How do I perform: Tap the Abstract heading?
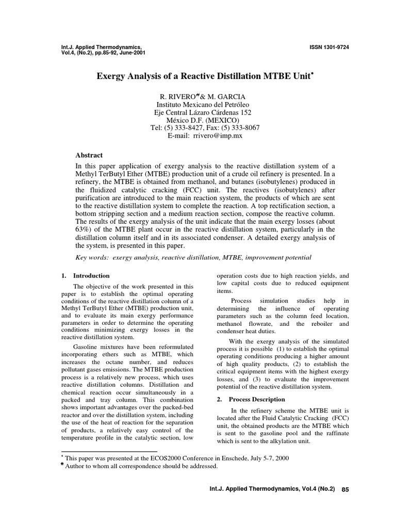[89, 155]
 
